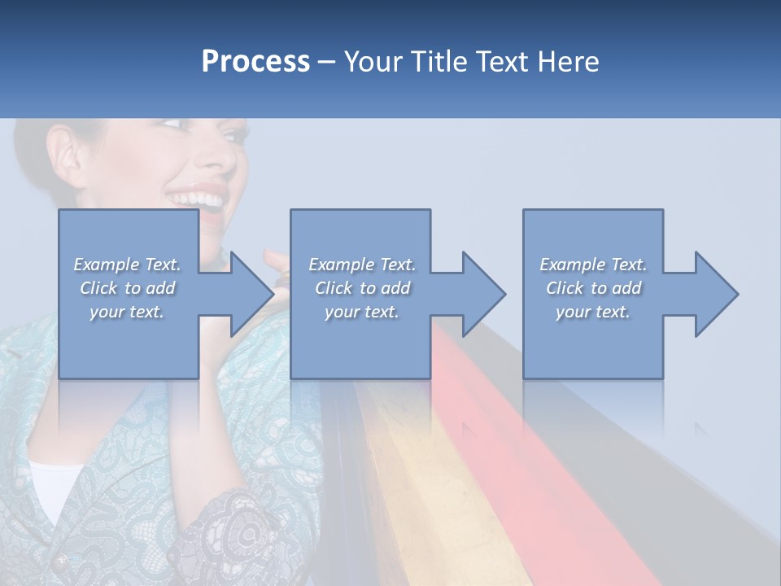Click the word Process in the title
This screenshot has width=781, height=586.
click(255, 62)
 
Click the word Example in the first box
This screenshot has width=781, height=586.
click(107, 265)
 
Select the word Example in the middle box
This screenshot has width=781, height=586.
click(342, 265)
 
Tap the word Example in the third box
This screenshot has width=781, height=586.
click(573, 265)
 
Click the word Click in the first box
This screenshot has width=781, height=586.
click(98, 288)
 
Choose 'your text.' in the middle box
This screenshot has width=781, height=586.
click(361, 312)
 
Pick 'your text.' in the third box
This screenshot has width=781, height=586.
click(592, 312)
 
